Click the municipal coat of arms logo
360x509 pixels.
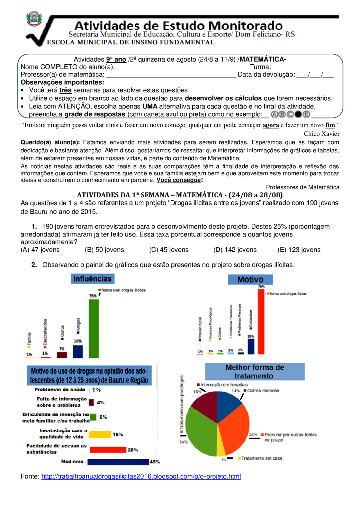pos(34,19)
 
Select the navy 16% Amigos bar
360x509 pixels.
pos(78,351)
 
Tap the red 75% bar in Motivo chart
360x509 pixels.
pos(261,322)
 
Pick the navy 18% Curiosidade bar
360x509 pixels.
pos(251,346)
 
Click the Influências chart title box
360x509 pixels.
pos(93,279)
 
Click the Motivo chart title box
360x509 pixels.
pos(250,279)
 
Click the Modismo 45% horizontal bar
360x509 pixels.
pos(118,462)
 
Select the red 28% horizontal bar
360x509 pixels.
pos(108,450)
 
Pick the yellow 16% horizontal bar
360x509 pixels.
pos(100,435)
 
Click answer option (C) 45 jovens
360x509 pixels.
pos(169,250)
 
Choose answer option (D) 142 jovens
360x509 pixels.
pos(235,250)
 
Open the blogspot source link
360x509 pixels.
pos(141,476)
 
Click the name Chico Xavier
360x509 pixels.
pos(321,134)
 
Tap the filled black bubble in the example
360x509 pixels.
pos(298,114)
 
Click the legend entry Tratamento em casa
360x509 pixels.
pos(261,458)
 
